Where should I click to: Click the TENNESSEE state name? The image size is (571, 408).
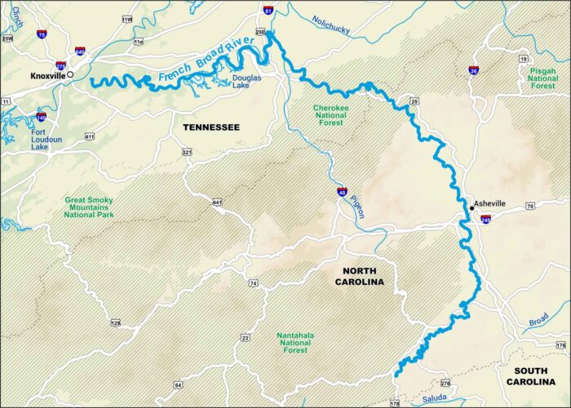(210, 127)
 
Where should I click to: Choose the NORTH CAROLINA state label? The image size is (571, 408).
(358, 276)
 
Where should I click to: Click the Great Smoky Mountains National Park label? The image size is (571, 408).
(89, 207)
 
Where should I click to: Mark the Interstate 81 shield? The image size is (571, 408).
(268, 11)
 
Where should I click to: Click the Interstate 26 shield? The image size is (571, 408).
(474, 69)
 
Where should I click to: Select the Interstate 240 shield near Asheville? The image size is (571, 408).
(485, 220)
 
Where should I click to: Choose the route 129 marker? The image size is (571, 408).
(115, 323)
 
